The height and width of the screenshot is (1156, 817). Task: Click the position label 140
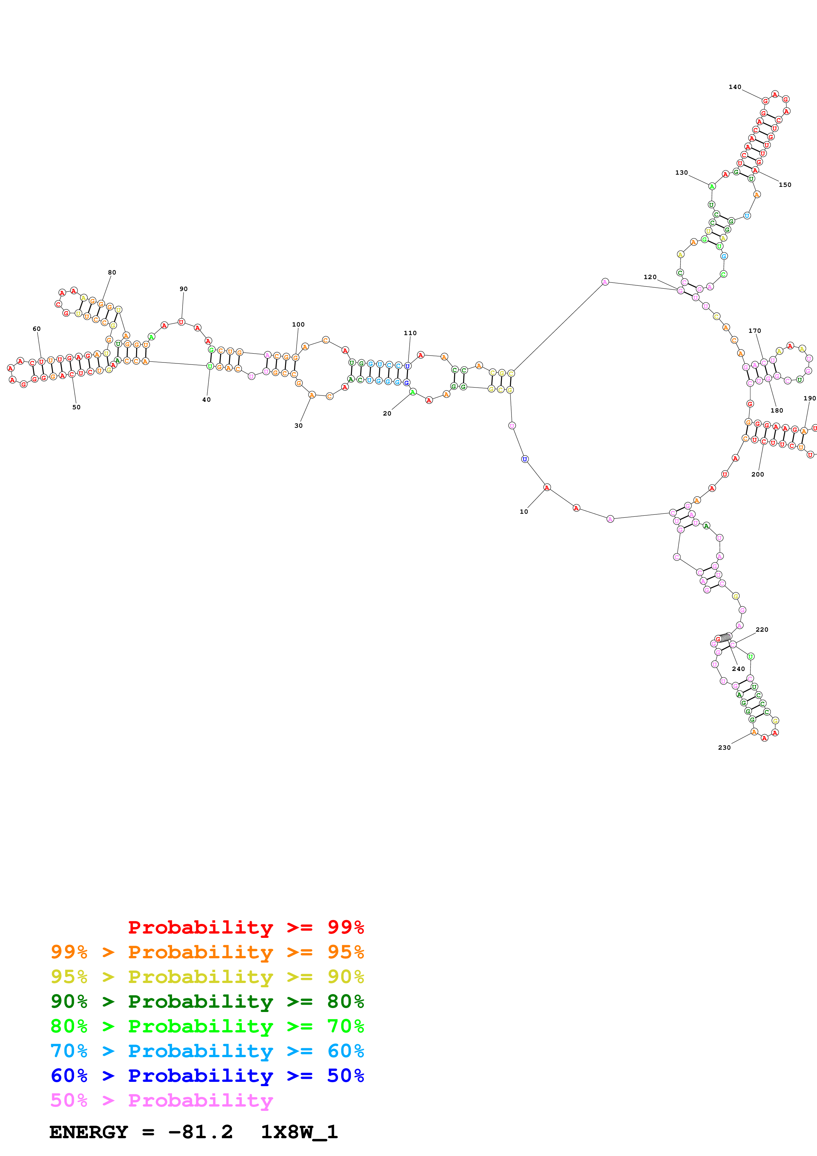coord(735,87)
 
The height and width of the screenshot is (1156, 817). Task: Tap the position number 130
coord(681,173)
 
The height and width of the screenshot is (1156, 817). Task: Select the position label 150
coord(785,185)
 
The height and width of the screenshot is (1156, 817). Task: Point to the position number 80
coord(112,273)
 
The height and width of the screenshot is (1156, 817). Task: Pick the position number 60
coord(37,329)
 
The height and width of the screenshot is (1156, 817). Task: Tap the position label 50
coord(76,407)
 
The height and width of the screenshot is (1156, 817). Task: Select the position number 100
coord(298,325)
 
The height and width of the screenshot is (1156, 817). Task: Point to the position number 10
coord(524,511)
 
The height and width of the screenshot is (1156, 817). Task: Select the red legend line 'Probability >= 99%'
coord(246,927)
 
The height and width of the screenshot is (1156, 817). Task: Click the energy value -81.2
coord(200,1132)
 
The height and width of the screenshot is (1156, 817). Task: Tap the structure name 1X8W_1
coord(299,1132)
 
